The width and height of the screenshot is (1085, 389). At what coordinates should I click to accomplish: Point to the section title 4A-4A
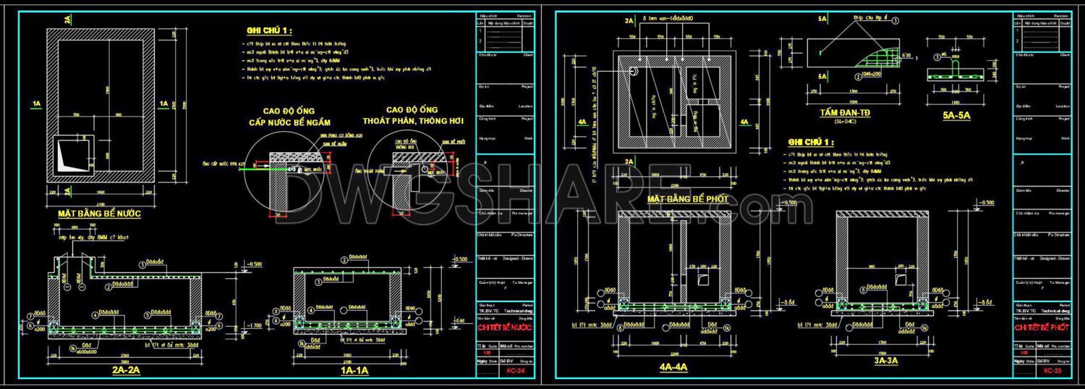[x=673, y=367]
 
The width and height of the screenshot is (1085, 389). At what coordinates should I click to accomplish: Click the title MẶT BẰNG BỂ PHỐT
[x=684, y=198]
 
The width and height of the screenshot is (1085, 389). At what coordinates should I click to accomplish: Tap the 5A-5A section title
[x=956, y=114]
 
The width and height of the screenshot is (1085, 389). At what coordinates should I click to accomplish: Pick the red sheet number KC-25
[x=1052, y=371]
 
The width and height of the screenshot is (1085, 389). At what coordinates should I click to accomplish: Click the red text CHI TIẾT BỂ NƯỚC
[x=504, y=327]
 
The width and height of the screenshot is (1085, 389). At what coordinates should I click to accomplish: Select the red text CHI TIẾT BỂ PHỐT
[x=1042, y=327]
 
